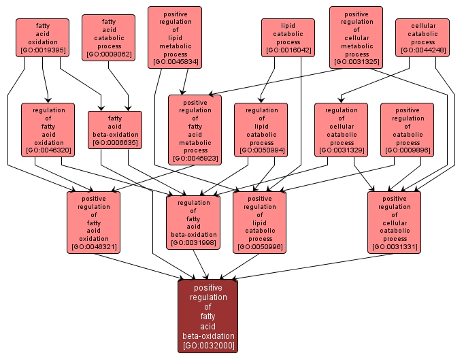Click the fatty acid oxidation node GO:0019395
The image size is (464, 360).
pos(43,37)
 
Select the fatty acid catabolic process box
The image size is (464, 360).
pos(108,37)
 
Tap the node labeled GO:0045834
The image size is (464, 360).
pos(175,37)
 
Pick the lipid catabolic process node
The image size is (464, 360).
pos(288,37)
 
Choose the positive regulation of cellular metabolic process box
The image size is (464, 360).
pos(356,37)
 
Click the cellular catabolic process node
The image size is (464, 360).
pos(422,37)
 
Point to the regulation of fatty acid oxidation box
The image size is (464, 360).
pos(48,129)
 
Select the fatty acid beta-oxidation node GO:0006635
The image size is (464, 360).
pos(115,129)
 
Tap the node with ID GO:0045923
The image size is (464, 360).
pos(195,129)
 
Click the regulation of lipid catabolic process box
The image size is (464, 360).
pos(261,129)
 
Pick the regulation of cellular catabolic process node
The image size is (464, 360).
pos(341,129)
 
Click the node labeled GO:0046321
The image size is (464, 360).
pos(93,221)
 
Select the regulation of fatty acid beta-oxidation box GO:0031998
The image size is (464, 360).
pos(193,221)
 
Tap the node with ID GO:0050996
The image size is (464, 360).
pos(260,221)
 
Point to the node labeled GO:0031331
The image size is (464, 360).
pos(394,221)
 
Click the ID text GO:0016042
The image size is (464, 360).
pos(288,50)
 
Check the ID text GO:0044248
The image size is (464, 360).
pos(422,50)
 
